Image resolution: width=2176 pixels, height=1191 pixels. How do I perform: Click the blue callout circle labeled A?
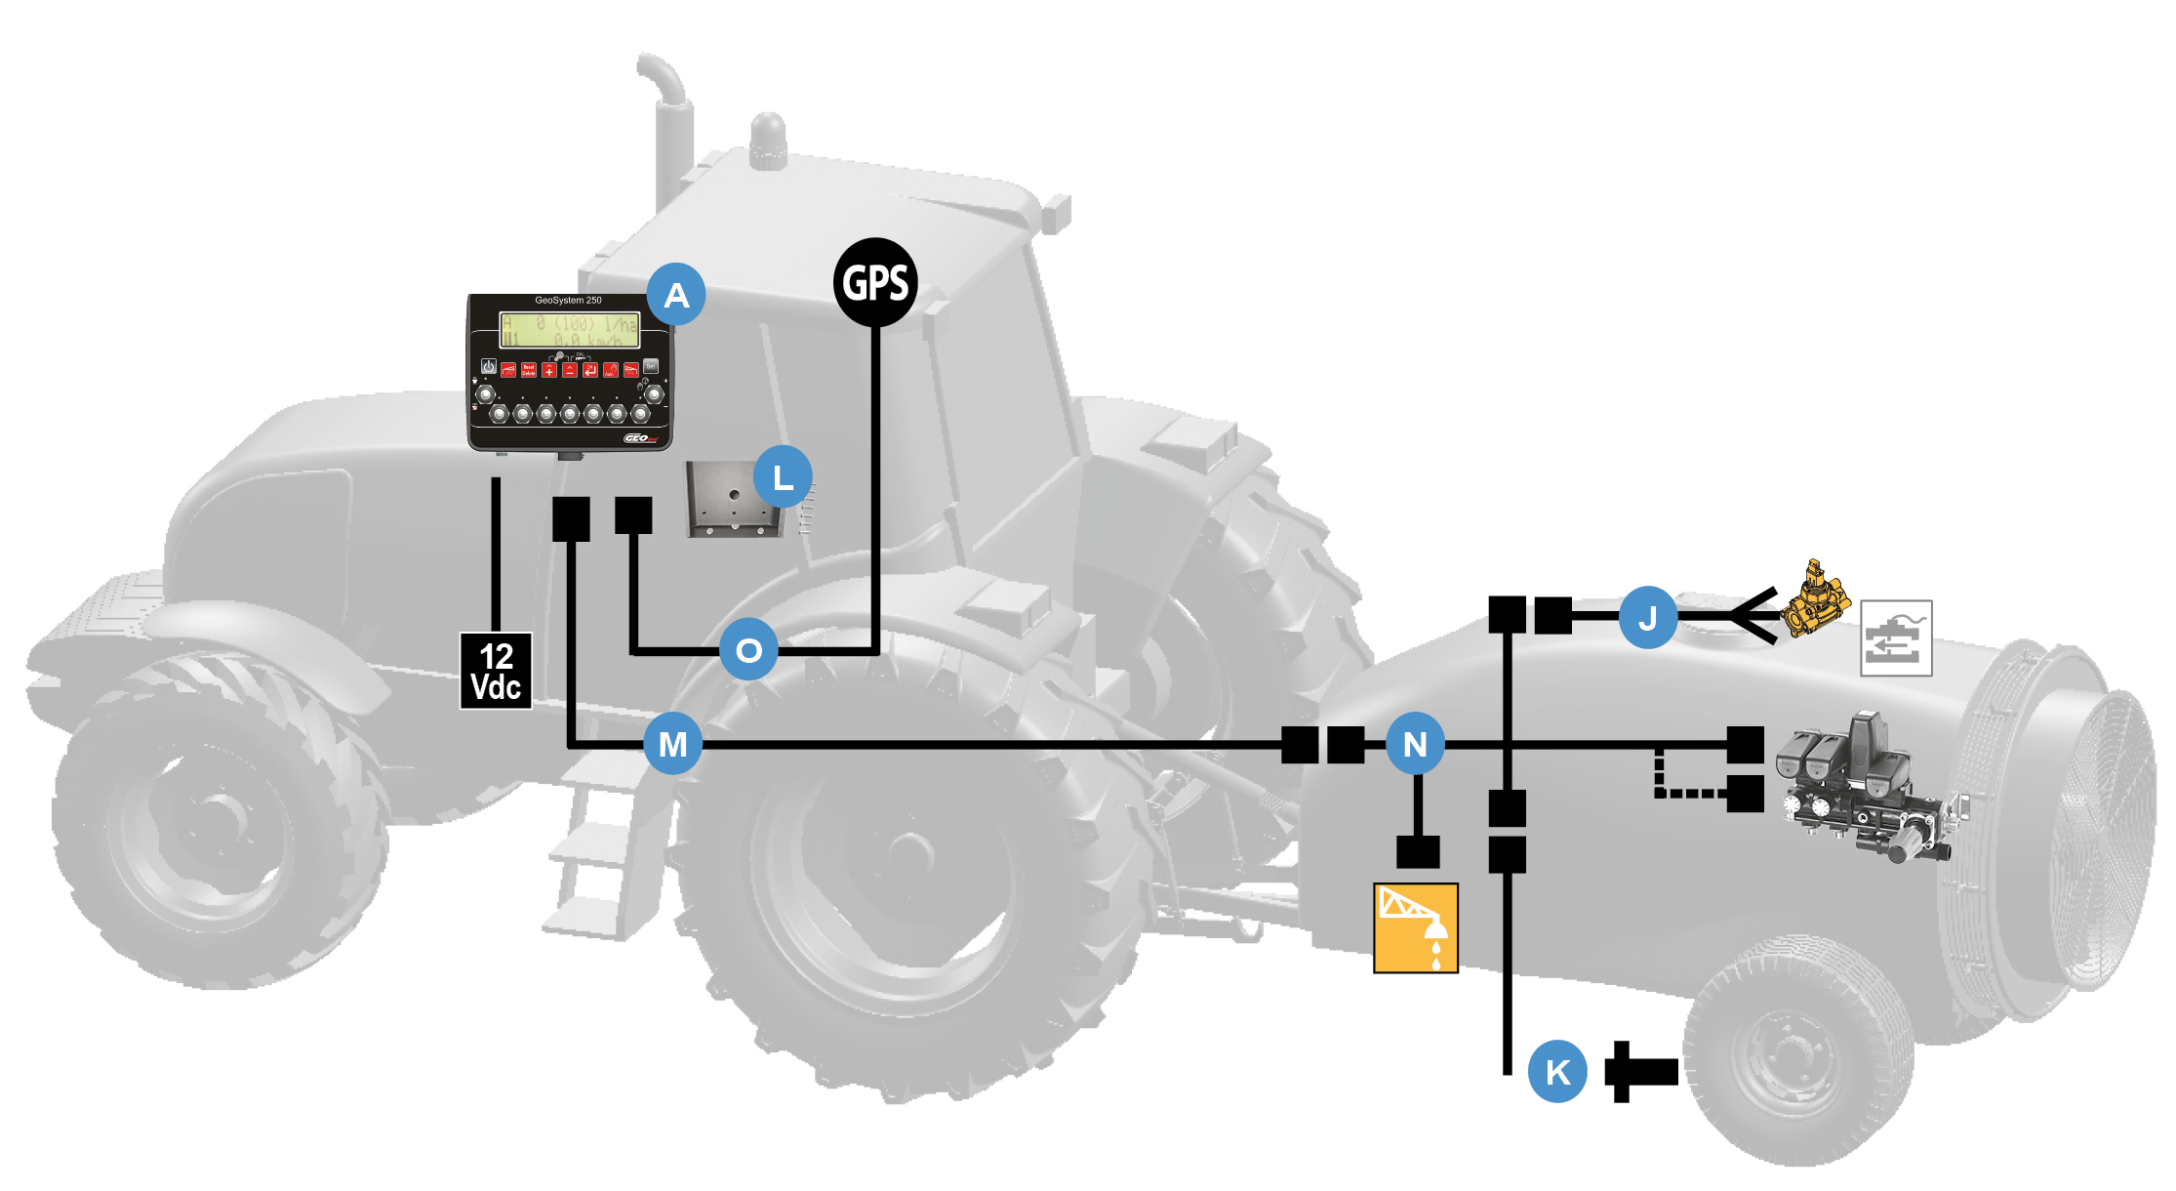[676, 294]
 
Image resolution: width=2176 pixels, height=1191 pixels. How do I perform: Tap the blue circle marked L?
[783, 477]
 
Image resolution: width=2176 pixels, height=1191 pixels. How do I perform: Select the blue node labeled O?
[748, 649]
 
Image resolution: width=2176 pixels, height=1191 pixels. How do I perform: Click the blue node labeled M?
[672, 744]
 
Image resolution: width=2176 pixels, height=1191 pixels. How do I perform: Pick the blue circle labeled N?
[1415, 744]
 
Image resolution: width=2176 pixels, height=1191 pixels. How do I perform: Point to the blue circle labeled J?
[1647, 617]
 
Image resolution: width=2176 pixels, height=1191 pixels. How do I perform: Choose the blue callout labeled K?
[1557, 1072]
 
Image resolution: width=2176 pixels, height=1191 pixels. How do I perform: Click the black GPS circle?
[875, 283]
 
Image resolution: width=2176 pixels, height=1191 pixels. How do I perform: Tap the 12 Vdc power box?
[496, 671]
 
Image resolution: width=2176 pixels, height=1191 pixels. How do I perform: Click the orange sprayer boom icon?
[1415, 928]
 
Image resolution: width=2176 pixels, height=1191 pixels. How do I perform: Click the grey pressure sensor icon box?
[1896, 638]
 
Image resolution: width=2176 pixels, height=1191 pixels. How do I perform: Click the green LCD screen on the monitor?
[570, 330]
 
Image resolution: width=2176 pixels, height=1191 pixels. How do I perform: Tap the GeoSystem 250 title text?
[568, 301]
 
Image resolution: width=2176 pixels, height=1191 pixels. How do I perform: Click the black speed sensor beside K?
[1641, 1072]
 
